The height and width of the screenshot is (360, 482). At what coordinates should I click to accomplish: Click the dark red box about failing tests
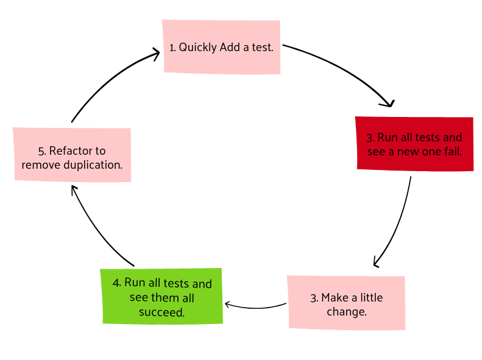[x=415, y=144]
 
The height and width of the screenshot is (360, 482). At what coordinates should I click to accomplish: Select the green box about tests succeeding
[x=162, y=296]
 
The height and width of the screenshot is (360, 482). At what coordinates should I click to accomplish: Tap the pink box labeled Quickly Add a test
[x=222, y=47]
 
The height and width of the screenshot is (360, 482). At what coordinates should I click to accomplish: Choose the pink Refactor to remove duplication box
[x=73, y=155]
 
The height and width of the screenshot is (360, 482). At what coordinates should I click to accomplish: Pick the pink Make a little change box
[x=347, y=303]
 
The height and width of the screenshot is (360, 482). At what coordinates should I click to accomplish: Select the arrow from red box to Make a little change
[x=399, y=224]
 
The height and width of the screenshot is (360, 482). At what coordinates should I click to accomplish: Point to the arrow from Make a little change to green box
[x=255, y=307]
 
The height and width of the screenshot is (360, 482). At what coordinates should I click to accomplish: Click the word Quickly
[x=198, y=48]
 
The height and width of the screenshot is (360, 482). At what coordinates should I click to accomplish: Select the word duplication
[x=93, y=165]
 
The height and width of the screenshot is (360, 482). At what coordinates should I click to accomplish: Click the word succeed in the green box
[x=161, y=312]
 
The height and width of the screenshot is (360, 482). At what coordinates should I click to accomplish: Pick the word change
[x=347, y=312]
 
